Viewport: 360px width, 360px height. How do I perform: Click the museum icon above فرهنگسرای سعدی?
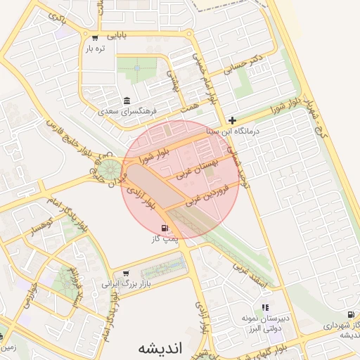coord(127,100)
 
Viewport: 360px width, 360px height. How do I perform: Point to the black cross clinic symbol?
coord(233,121)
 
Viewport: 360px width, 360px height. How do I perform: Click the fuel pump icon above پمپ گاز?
coord(165,228)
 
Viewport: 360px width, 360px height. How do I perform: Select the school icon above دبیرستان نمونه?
coord(265,307)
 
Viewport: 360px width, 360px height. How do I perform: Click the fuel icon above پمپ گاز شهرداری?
coord(350,315)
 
